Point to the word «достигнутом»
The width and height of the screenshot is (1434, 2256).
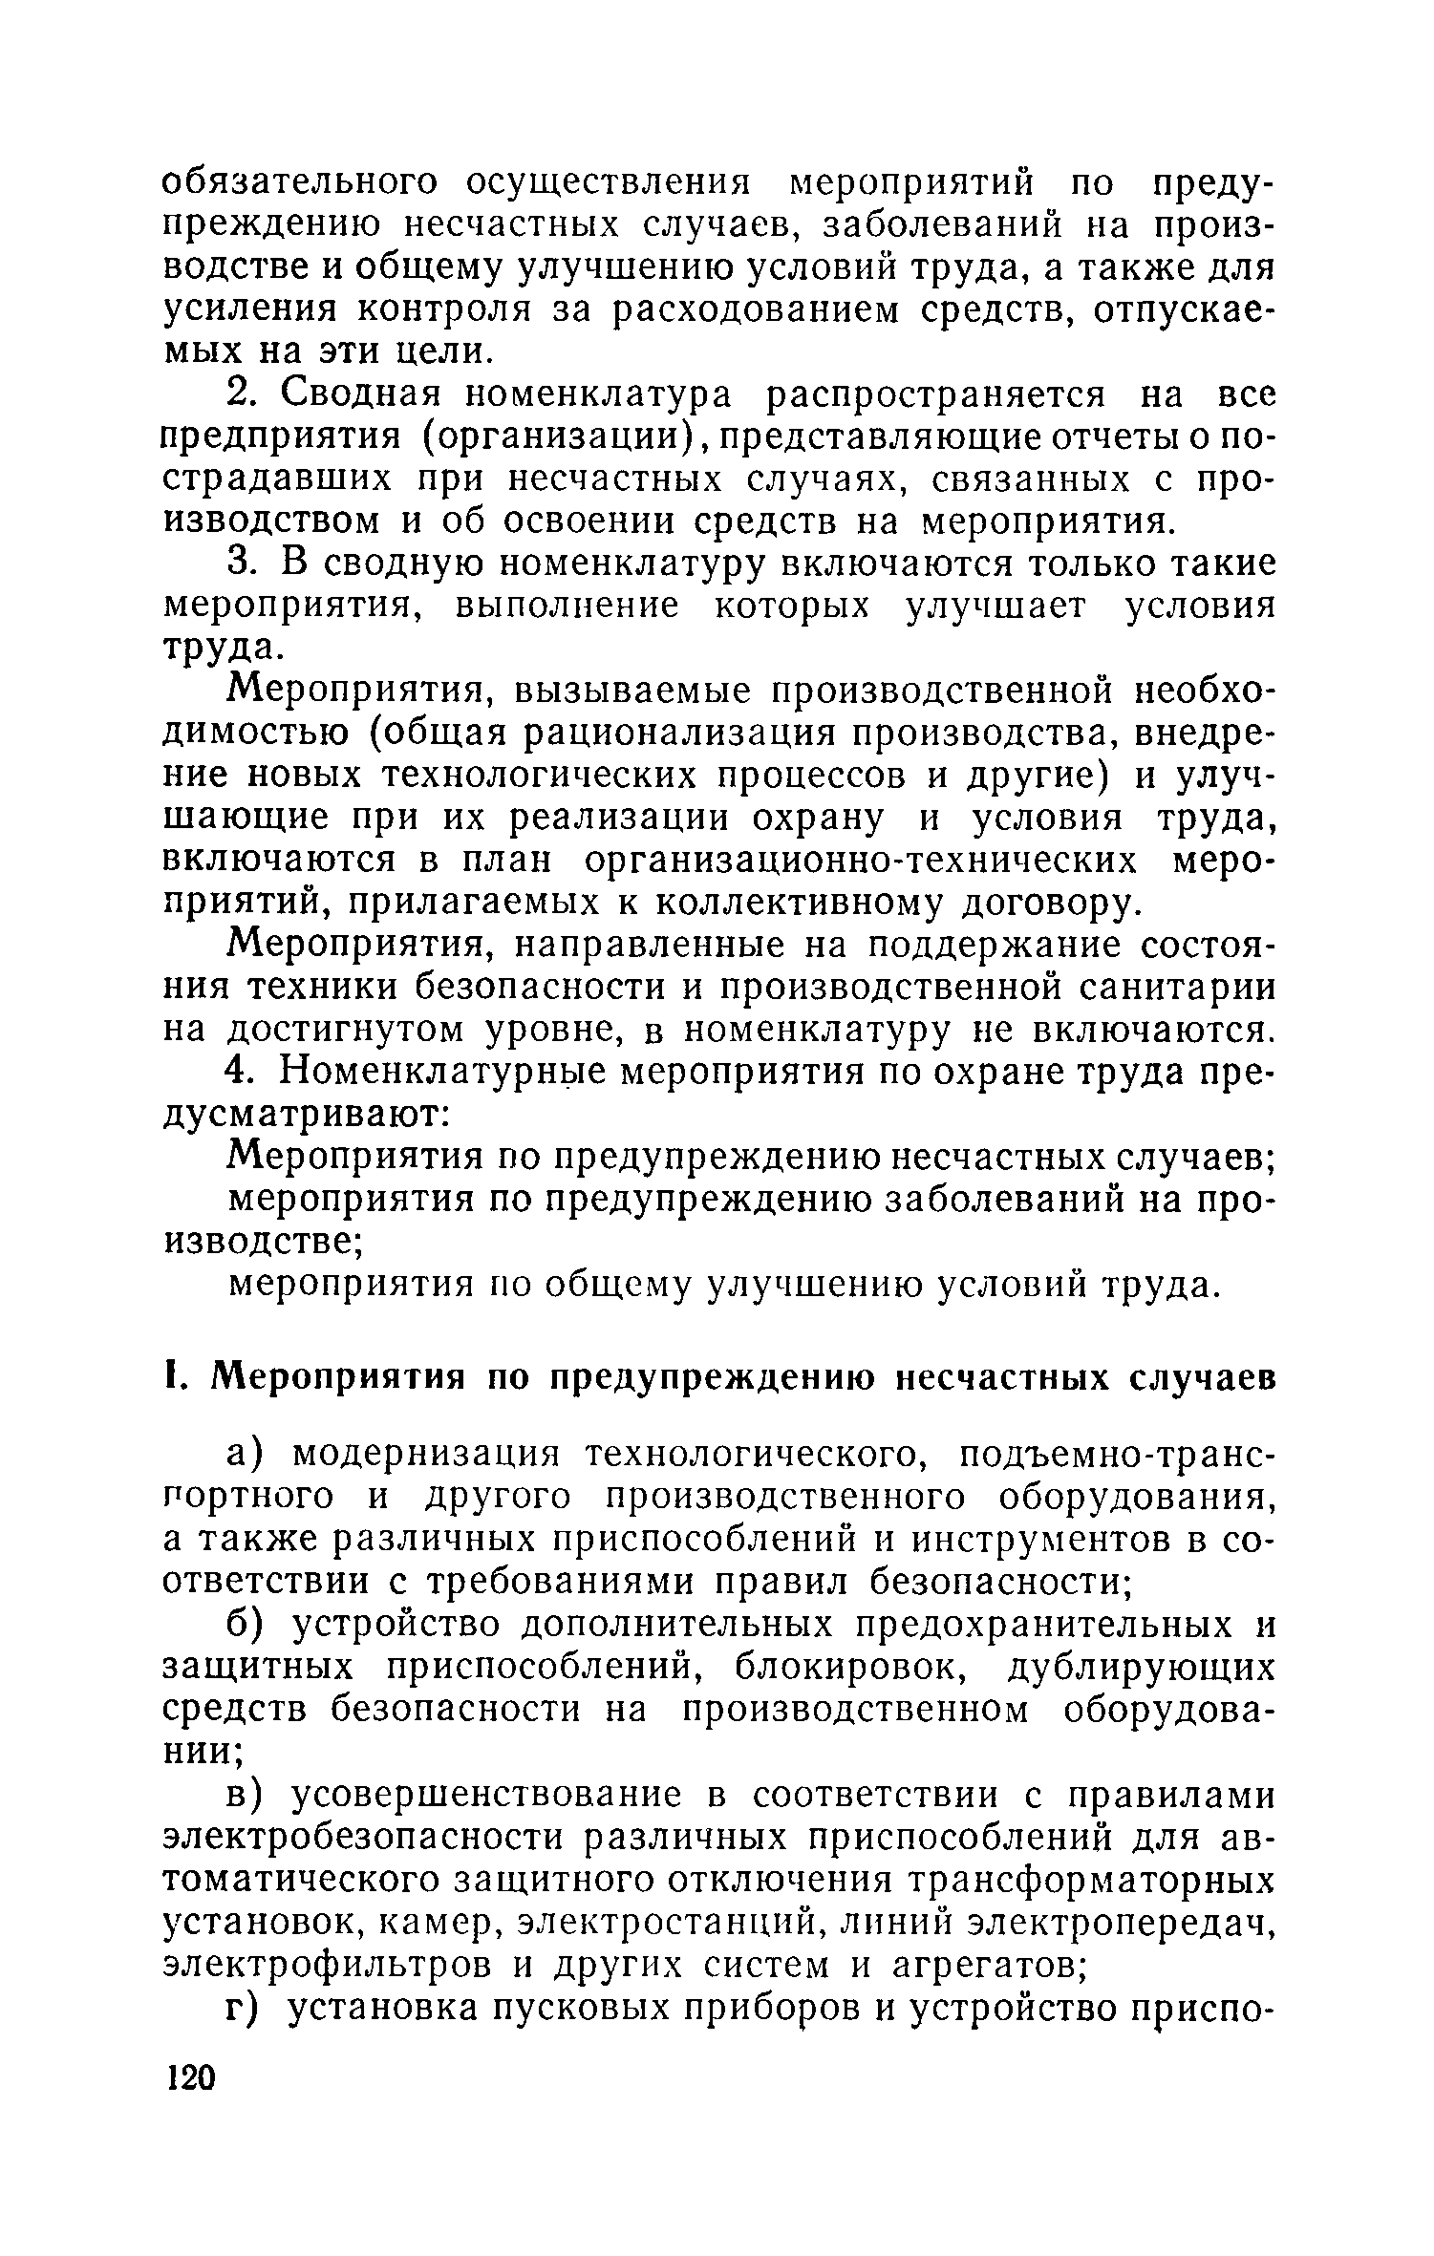click(340, 1030)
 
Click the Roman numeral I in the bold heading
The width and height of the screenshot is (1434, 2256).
click(172, 1378)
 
